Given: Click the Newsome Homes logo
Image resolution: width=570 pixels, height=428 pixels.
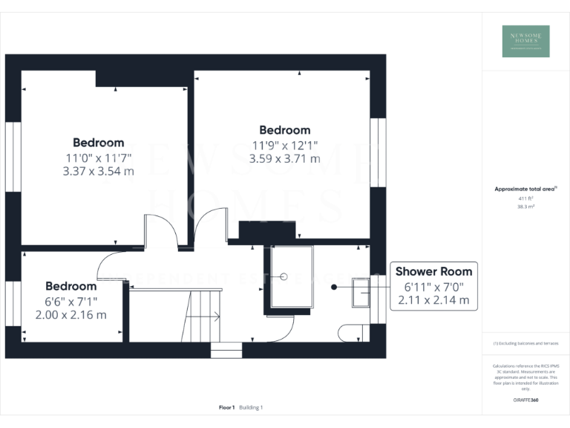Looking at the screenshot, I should pyautogui.click(x=525, y=42).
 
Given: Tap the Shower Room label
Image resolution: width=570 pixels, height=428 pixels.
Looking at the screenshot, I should pyautogui.click(x=433, y=271).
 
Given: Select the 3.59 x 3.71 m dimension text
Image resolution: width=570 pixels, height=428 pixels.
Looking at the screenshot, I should pyautogui.click(x=286, y=158).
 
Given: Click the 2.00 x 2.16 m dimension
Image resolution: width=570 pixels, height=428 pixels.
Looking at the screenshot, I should pyautogui.click(x=71, y=314).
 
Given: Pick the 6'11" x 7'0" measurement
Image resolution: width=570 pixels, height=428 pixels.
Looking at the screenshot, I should pyautogui.click(x=433, y=287).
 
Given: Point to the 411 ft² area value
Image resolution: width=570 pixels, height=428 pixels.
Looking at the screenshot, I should pyautogui.click(x=525, y=199).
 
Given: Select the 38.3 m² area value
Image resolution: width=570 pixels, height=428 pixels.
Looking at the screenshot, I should pyautogui.click(x=525, y=207).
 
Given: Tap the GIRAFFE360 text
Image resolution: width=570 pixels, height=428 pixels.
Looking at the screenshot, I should pyautogui.click(x=525, y=401).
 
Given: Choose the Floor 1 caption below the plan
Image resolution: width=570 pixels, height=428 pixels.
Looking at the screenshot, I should pyautogui.click(x=227, y=407).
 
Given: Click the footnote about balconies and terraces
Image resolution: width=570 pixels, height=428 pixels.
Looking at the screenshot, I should pyautogui.click(x=525, y=343).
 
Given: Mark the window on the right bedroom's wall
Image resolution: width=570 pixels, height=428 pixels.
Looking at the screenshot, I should pyautogui.click(x=378, y=152).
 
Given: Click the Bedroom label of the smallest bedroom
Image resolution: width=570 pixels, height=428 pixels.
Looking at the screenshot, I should pyautogui.click(x=71, y=286).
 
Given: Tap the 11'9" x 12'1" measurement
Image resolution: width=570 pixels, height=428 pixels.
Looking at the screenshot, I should pyautogui.click(x=286, y=145).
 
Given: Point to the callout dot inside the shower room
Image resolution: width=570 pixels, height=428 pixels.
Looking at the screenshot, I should pyautogui.click(x=334, y=286).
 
